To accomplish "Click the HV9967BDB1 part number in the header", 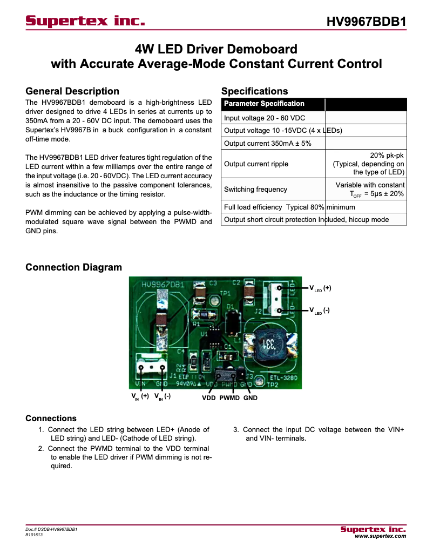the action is [367, 22].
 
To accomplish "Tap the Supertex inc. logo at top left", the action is [85, 22].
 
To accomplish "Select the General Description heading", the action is [72, 91].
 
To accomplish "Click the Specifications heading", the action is [255, 91].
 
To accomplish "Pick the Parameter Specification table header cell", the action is [265, 104].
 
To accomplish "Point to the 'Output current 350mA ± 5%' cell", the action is [267, 143].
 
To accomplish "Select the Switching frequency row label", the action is [255, 189].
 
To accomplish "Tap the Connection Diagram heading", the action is [73, 267].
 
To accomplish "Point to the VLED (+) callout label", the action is [320, 288].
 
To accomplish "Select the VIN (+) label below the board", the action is [140, 397].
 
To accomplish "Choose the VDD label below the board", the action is [209, 398].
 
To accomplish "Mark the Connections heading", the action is [51, 419].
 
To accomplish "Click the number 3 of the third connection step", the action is [236, 430].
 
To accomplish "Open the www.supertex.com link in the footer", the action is [380, 536].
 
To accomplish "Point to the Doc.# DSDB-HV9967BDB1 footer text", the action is [51, 530].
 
